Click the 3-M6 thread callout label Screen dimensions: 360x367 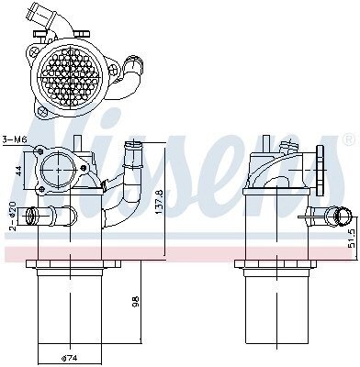(15, 139)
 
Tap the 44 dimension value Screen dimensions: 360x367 (19, 171)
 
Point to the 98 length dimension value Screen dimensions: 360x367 (136, 301)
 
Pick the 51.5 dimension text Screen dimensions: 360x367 (354, 239)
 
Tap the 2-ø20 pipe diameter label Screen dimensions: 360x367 (12, 216)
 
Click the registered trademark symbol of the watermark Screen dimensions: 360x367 (349, 139)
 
